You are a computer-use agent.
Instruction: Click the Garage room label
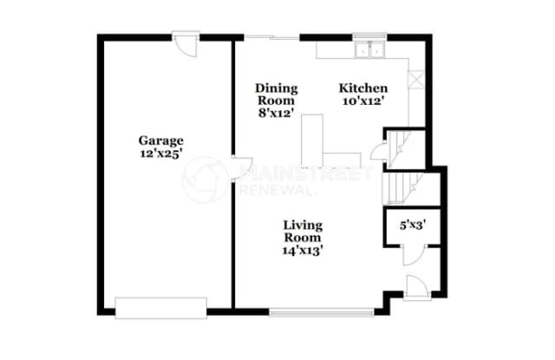point(161,141)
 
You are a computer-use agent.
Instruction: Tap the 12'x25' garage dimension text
point(161,154)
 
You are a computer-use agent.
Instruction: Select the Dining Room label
point(277,95)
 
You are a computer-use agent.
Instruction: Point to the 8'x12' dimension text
point(277,114)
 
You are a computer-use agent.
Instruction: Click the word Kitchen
point(363,88)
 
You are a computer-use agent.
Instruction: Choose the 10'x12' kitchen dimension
point(363,101)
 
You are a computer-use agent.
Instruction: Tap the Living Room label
point(303,231)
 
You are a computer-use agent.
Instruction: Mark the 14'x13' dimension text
point(303,251)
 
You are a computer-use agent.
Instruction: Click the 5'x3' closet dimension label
point(413,226)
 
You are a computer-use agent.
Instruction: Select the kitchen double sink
point(370,49)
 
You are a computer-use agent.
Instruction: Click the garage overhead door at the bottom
point(161,308)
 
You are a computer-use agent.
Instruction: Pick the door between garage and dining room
point(243,167)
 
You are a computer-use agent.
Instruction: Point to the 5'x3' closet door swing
point(414,255)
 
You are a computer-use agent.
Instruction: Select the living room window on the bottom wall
point(322,312)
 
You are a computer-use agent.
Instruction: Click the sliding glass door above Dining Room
point(271,37)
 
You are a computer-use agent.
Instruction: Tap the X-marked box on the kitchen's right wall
point(416,80)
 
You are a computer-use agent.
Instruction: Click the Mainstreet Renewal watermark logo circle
point(205,180)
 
